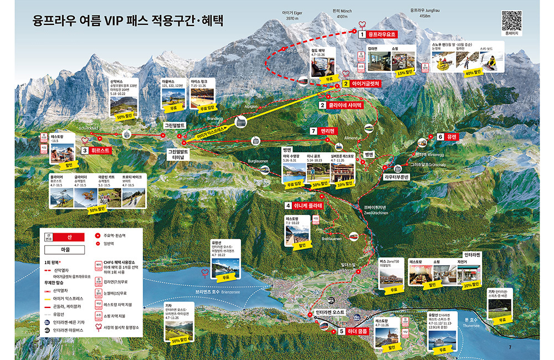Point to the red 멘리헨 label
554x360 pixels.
click(x=328, y=131)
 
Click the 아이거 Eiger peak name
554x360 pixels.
click(x=292, y=15)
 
